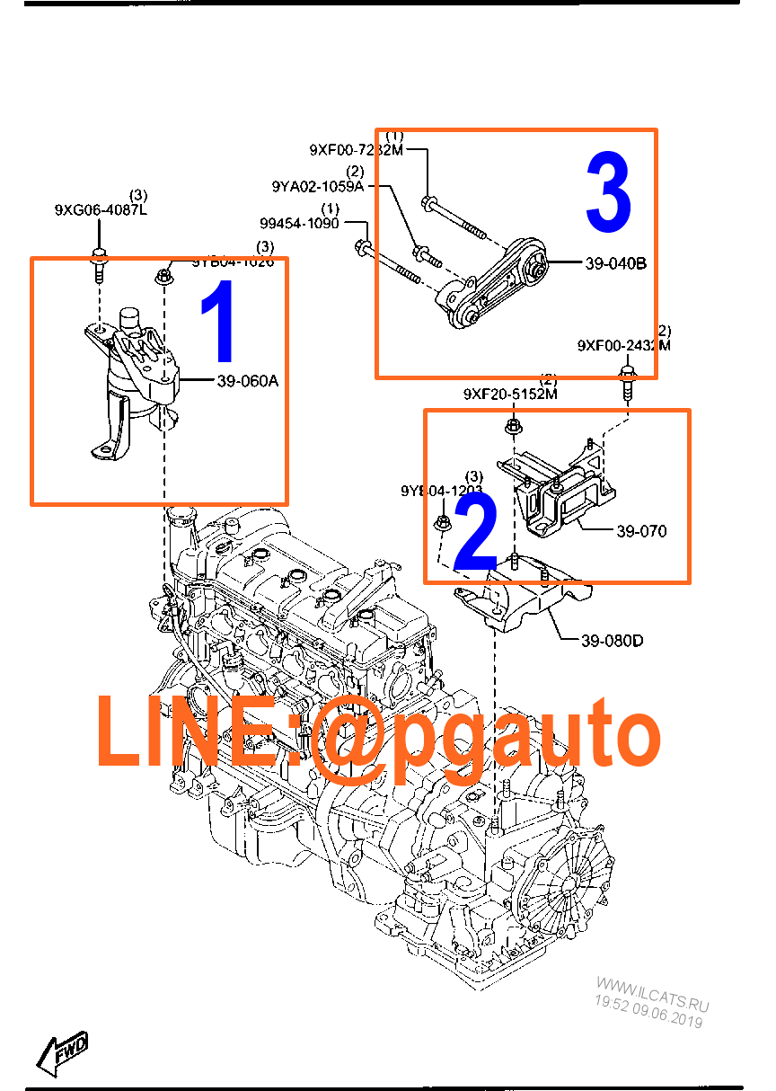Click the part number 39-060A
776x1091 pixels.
click(247, 381)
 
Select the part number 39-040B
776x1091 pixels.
click(615, 264)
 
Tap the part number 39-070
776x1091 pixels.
click(641, 531)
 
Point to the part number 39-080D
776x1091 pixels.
click(612, 641)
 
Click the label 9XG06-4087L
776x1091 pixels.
click(100, 210)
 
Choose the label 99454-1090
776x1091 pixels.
click(299, 223)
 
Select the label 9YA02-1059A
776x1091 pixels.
click(317, 186)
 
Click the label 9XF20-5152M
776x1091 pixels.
click(510, 394)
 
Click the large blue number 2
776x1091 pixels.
click(475, 534)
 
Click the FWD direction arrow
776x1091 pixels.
click(62, 1051)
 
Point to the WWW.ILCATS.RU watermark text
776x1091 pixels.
click(653, 994)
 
